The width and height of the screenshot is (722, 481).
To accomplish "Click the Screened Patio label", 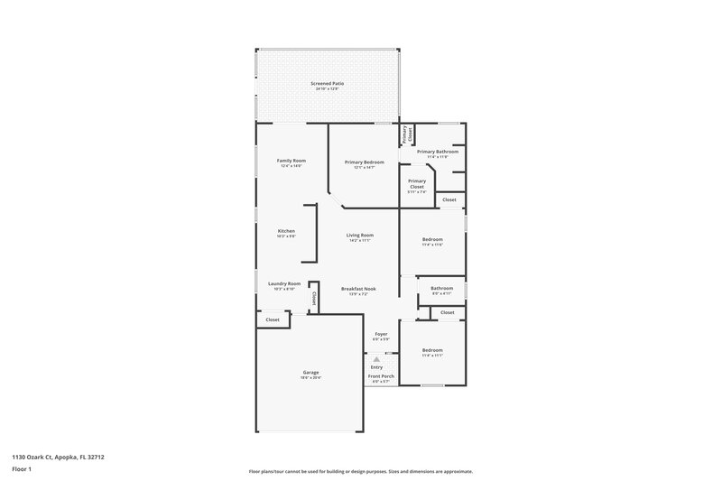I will pos(328,83).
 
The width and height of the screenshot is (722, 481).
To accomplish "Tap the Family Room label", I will pos(292,160).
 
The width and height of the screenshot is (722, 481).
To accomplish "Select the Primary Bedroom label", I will pos(365,162).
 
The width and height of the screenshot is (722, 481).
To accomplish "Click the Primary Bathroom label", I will pos(437,152).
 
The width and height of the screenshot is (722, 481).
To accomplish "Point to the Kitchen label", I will pos(286,230).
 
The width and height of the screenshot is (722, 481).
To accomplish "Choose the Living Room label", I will pos(360,235).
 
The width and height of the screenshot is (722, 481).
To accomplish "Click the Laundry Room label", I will pos(284,283).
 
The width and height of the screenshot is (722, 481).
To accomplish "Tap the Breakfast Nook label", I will pos(358,288).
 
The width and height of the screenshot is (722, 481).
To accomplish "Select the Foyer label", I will pos(381,334).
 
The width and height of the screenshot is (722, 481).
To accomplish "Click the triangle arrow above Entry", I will pos(377,358).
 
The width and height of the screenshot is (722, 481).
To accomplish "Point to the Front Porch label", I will pos(381,375).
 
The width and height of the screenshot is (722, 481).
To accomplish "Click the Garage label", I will pos(310,372).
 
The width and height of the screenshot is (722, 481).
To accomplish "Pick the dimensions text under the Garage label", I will pos(310,377).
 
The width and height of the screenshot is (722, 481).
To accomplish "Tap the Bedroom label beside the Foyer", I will pos(432,349).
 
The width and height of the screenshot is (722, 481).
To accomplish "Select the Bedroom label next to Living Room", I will pos(432,239).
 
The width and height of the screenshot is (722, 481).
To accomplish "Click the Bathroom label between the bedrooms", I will pos(441,288).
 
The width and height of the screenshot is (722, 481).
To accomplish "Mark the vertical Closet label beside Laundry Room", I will pos(313,296).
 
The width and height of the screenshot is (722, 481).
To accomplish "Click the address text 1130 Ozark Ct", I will pos(45,457).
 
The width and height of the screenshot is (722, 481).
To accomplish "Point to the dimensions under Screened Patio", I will pos(328,88).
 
